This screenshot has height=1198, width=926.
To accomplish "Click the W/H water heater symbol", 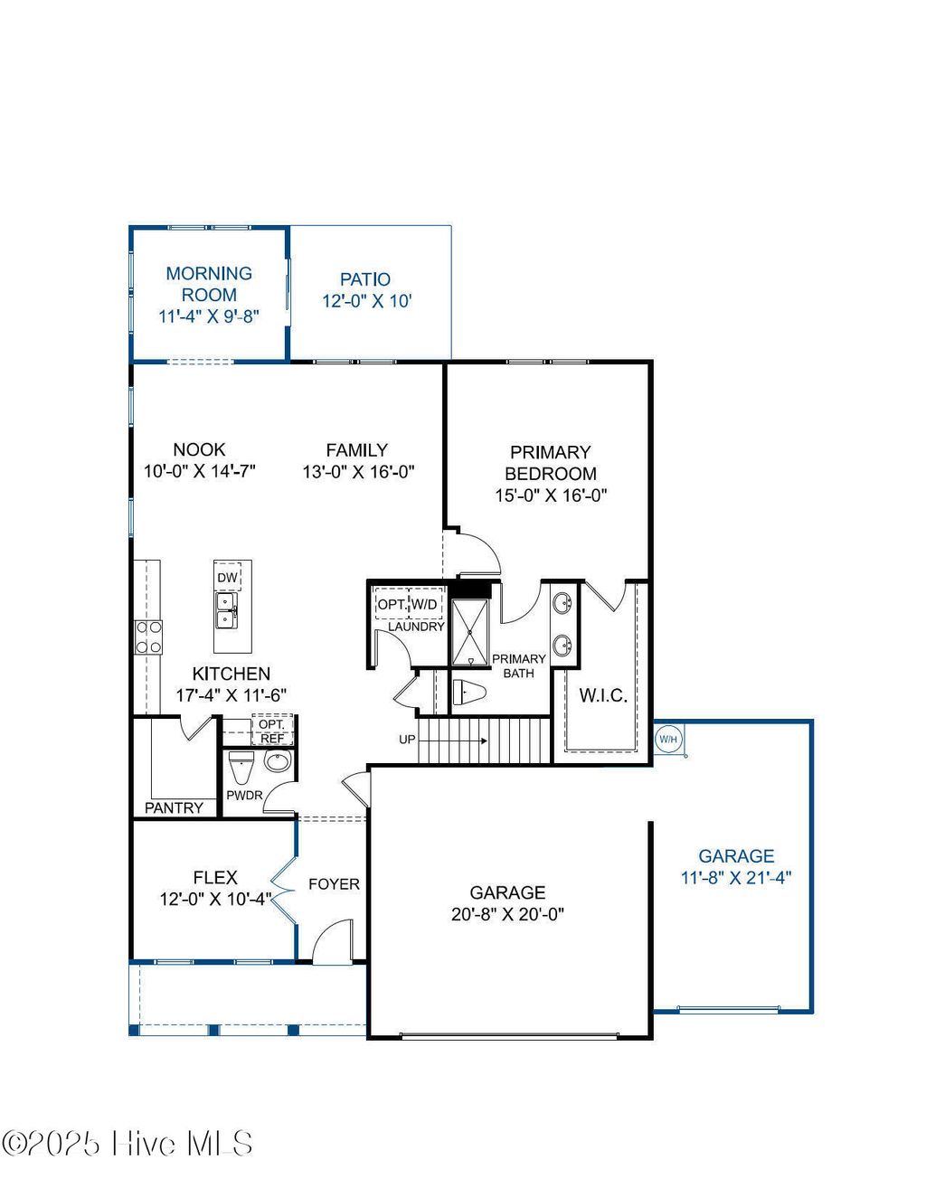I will click(667, 740).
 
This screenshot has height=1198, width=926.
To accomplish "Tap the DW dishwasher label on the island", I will click(227, 578).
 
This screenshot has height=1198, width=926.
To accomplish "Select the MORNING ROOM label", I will click(209, 284).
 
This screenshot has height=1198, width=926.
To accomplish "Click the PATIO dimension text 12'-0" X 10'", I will click(367, 301).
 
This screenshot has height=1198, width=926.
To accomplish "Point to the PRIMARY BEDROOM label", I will click(550, 463).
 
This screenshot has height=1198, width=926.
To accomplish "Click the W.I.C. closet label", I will click(602, 695).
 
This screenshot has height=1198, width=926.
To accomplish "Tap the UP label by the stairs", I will click(407, 740).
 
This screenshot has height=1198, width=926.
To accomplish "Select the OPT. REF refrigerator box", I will click(272, 731).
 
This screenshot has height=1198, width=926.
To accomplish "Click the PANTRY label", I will click(174, 807).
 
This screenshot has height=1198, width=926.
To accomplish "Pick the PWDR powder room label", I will click(244, 796).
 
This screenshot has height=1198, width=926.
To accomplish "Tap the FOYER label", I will click(334, 884).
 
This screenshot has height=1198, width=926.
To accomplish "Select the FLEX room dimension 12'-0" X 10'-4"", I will click(215, 899).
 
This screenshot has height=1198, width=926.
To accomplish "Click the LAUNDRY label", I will click(416, 627).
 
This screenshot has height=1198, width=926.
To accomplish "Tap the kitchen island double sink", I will click(225, 610).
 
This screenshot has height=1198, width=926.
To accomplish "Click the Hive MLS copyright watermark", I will click(128, 1144).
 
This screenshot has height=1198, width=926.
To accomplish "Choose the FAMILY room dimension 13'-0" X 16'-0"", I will click(358, 471).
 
